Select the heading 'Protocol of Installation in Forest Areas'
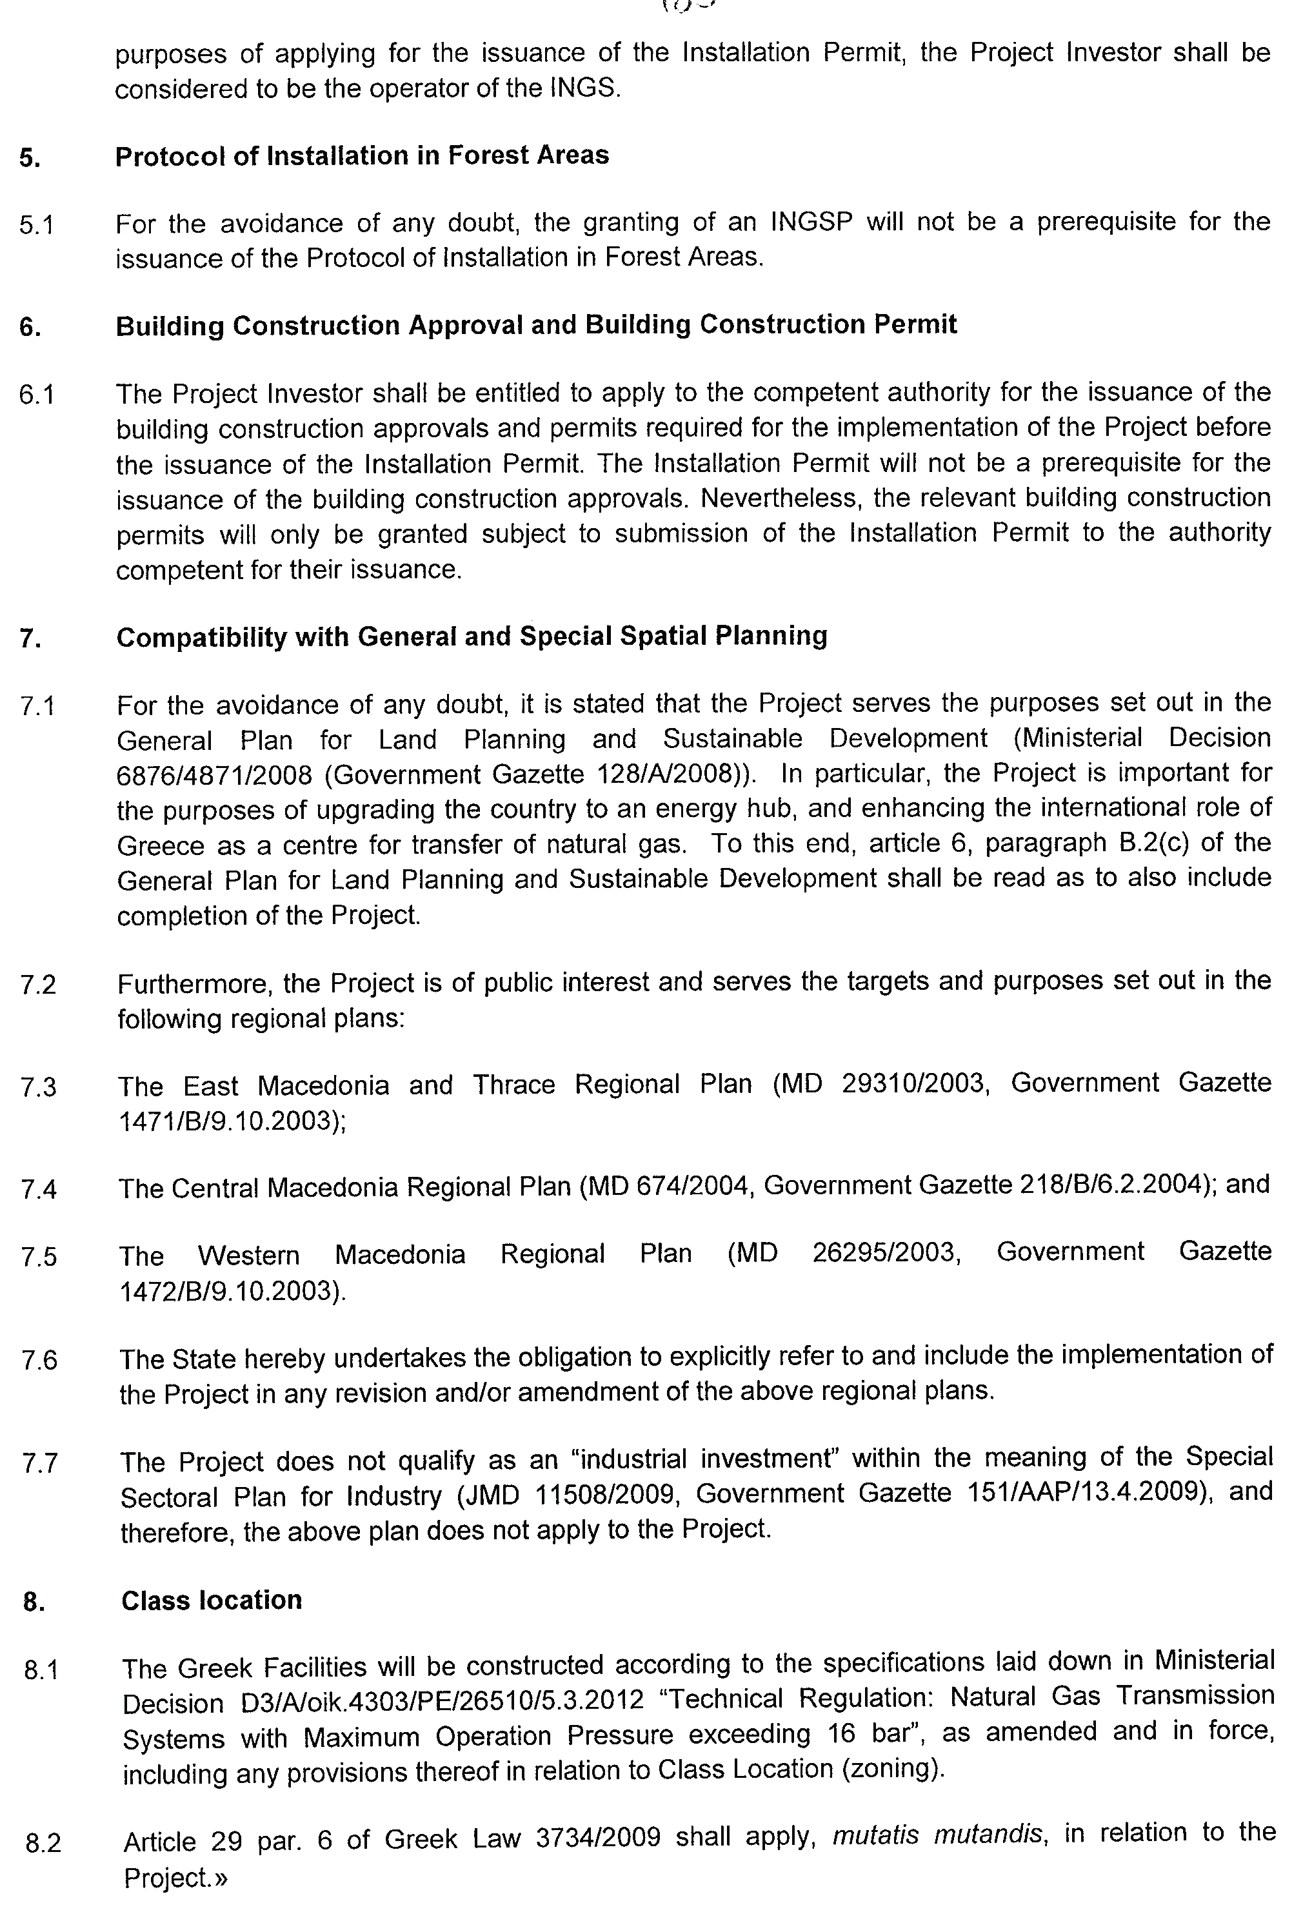point(361,155)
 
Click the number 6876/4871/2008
point(214,775)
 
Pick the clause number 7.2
point(38,985)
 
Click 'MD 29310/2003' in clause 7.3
point(880,1083)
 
